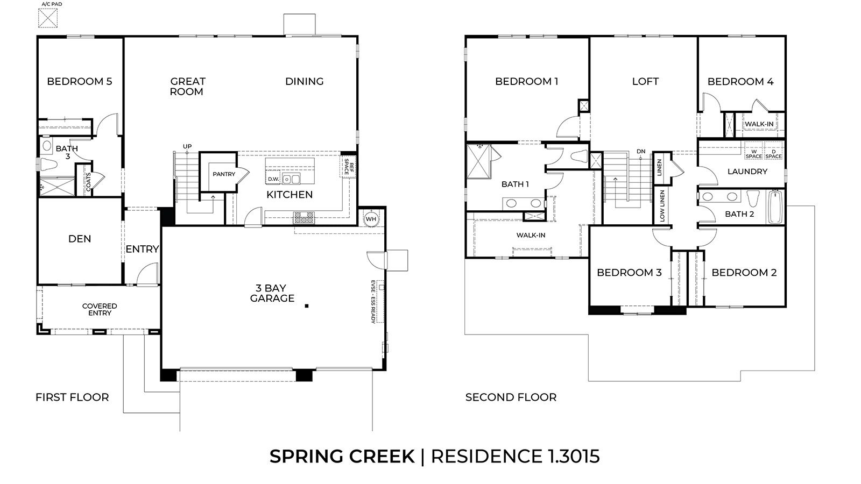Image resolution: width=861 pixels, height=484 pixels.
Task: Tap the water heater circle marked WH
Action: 371,219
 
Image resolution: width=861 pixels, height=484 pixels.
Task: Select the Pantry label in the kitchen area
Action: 224,174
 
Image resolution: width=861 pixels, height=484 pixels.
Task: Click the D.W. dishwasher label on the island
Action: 273,179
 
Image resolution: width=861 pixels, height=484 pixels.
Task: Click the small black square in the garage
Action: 307,306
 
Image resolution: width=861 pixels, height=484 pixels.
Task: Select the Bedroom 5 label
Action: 80,81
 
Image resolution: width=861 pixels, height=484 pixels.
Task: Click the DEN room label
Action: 80,238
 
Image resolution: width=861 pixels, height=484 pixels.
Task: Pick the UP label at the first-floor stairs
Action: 187,146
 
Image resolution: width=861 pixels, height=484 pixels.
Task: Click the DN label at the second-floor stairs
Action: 640,152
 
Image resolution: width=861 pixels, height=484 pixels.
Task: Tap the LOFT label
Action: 645,81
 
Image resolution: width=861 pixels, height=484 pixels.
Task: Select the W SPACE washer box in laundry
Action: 754,154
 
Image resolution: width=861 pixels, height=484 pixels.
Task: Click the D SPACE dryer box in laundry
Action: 773,154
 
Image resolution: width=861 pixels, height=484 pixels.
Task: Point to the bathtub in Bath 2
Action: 775,208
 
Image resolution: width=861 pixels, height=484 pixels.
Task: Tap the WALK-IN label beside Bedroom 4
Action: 759,124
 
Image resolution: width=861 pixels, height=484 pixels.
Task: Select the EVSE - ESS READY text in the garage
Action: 373,301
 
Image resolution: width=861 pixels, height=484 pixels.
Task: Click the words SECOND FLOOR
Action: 511,397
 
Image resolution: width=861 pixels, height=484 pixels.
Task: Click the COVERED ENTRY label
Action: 100,309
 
